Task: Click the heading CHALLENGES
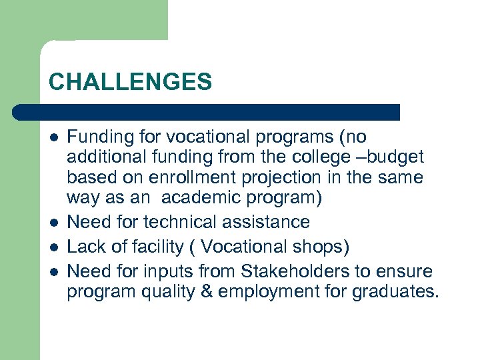pos(130,82)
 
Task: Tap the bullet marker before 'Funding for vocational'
pos(53,137)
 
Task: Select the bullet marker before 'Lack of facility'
pos(53,247)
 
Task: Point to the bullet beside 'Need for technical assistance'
pos(53,222)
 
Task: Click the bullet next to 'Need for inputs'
pos(53,272)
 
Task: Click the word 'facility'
pos(159,247)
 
